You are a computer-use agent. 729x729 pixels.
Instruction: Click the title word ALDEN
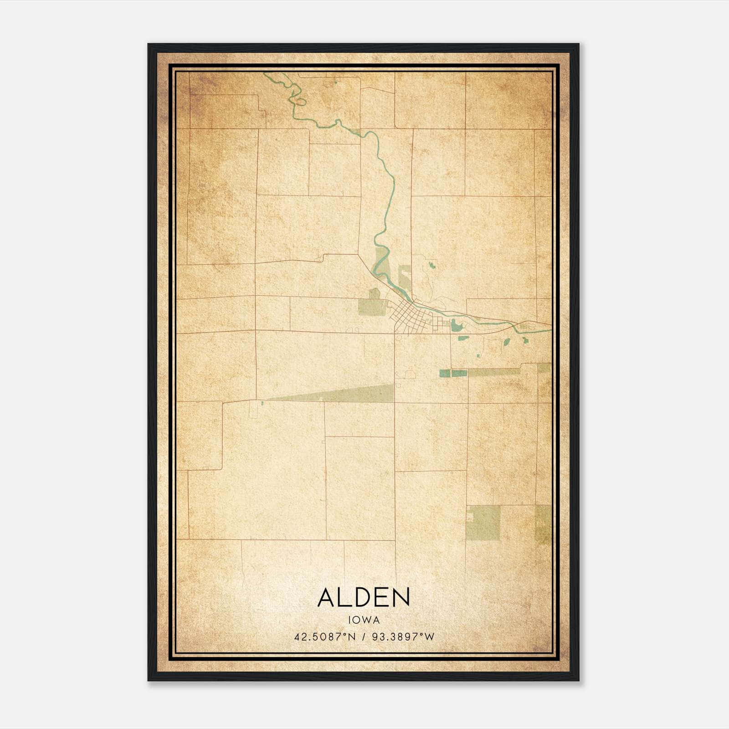(x=364, y=597)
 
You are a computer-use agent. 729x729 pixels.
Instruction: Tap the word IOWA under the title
(x=364, y=620)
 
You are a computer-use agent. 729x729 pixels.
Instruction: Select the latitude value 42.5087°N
(x=324, y=637)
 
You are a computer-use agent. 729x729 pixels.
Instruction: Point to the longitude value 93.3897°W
(x=403, y=637)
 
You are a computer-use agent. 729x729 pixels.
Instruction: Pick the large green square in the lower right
(x=483, y=523)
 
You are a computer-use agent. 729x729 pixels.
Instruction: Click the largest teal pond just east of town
(x=456, y=326)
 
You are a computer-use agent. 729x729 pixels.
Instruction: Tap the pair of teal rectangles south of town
(x=453, y=373)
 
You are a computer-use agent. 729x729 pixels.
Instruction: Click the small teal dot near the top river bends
(x=336, y=82)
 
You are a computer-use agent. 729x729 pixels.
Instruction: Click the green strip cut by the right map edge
(x=543, y=524)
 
